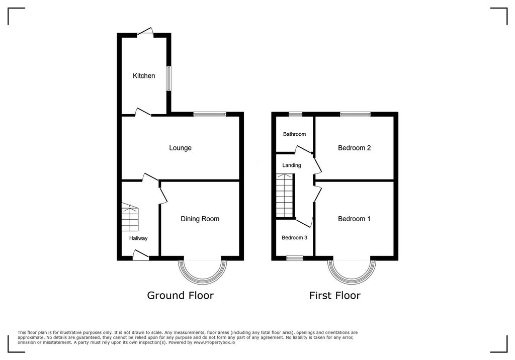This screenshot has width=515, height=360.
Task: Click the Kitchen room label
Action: coord(144,76)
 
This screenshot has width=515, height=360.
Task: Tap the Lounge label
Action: coord(180,148)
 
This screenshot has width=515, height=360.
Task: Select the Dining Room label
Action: coord(200,219)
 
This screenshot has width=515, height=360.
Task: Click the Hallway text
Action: coord(138,238)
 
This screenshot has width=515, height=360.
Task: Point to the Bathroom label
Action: coord(294,134)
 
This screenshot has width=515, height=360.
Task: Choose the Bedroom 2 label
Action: coord(354,148)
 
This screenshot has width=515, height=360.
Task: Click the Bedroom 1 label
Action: coord(354,219)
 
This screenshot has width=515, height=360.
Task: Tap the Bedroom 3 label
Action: coord(294,238)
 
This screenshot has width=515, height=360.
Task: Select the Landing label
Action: coord(292,165)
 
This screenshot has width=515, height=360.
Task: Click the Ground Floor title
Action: coord(180,295)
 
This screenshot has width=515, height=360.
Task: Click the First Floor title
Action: coord(334,295)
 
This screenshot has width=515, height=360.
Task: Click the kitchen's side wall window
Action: coord(169,78)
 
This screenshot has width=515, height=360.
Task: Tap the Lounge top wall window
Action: coord(210,115)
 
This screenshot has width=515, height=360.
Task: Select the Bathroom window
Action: coord(295,115)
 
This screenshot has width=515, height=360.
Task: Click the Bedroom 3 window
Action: coord(295,258)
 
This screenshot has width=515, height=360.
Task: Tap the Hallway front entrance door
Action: coord(141,257)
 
